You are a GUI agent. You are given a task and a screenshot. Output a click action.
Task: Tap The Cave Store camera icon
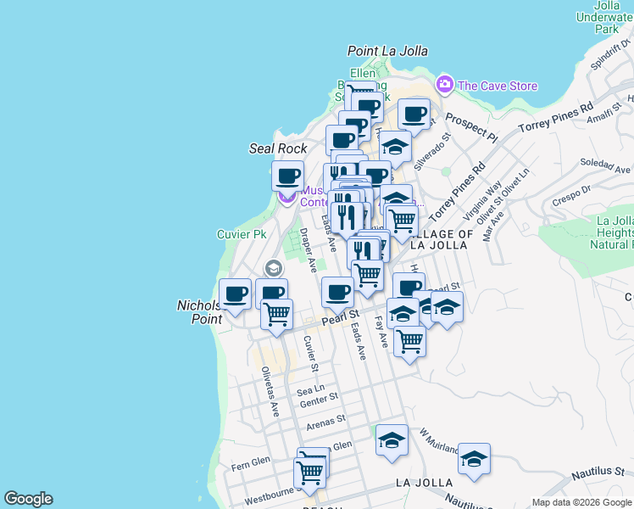[443, 85]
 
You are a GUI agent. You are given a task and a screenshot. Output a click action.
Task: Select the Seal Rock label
[278, 148]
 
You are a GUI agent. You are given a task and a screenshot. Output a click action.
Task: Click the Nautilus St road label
[596, 470]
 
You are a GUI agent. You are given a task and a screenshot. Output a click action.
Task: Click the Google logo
[28, 499]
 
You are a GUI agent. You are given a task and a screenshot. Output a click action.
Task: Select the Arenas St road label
[326, 418]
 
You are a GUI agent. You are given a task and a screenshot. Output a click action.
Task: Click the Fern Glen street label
[249, 465]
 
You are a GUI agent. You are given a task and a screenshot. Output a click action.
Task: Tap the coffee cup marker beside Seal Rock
[287, 176]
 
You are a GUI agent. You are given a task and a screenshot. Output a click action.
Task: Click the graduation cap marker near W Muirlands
[391, 440]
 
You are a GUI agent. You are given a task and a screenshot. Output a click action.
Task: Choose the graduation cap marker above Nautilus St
[474, 459]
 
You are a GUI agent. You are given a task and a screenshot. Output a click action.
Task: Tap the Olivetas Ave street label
[270, 391]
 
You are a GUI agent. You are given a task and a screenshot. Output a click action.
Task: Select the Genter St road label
[319, 396]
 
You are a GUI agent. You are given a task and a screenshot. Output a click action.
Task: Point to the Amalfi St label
[592, 113]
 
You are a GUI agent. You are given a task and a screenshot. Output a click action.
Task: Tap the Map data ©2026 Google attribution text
[581, 501]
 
